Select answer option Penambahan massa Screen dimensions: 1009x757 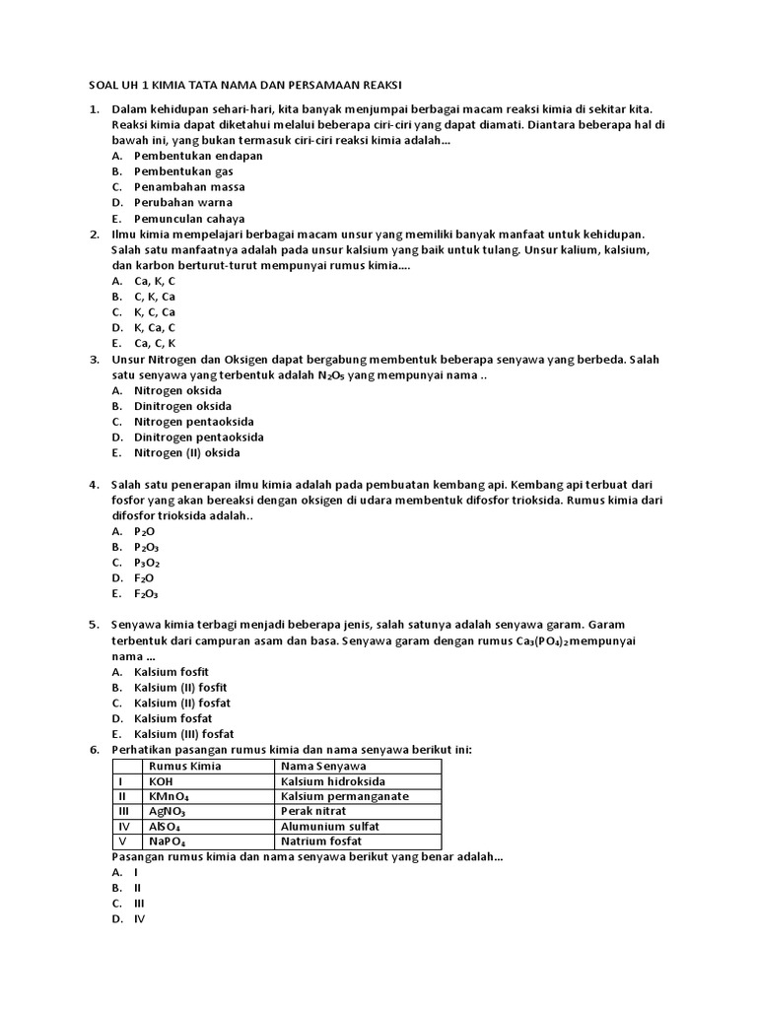pos(189,186)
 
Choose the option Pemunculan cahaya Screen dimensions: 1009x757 pos(189,218)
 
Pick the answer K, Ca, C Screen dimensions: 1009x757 pos(155,327)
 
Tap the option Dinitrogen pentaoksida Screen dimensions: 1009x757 pos(198,437)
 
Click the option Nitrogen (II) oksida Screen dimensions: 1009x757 pos(186,452)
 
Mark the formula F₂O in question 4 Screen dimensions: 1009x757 pos(144,578)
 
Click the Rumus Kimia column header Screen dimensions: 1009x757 pos(184,766)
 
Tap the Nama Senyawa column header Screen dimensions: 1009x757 pos(323,766)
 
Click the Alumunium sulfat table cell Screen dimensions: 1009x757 pos(329,826)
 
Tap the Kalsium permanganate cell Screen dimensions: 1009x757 pos(344,796)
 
